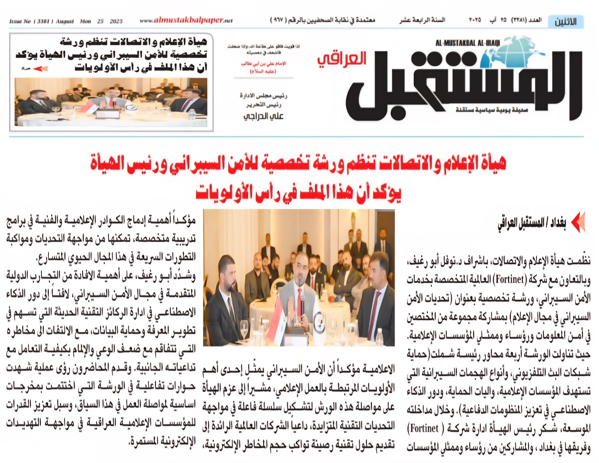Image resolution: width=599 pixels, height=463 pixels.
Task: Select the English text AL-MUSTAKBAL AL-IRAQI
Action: click(468, 43)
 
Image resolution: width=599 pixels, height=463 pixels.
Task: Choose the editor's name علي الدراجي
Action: click(263, 116)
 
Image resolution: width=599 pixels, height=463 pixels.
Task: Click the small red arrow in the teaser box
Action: click(41, 69)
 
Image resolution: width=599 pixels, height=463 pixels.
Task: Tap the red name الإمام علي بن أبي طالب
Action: click(263, 64)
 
